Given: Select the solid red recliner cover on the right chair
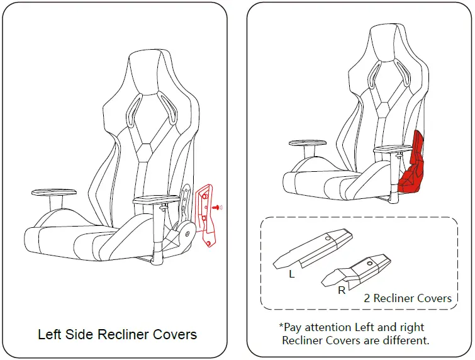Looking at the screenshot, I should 412,167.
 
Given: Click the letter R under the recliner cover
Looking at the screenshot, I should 342,291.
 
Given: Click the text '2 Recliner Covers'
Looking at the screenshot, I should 407,298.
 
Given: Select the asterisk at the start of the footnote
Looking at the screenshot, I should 281,326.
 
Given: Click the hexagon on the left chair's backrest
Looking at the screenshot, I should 145,149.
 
